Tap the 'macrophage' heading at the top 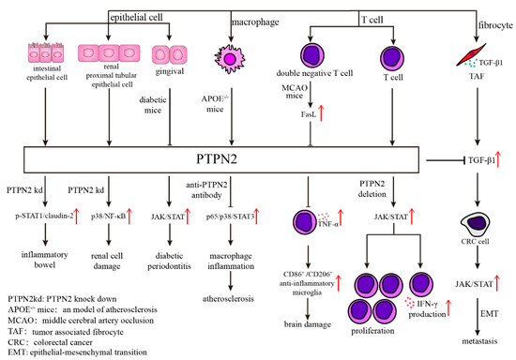(x=232, y=8)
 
